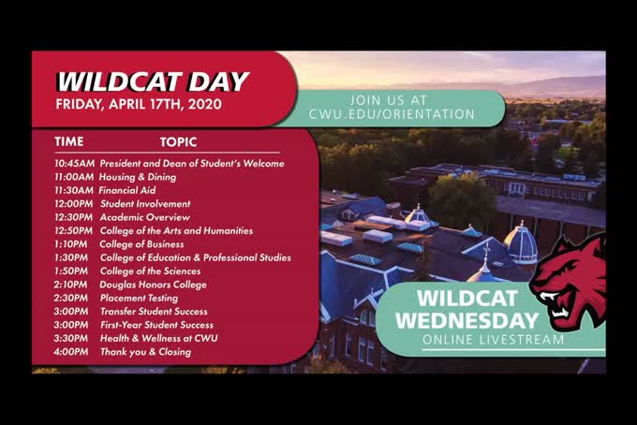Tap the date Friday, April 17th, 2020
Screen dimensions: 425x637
click(138, 104)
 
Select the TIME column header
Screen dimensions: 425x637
click(69, 142)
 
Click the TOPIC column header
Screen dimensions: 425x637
click(178, 142)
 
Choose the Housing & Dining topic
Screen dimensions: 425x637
click(138, 177)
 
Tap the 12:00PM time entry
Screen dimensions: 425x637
click(74, 204)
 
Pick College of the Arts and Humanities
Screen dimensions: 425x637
click(176, 230)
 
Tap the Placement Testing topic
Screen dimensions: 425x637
click(141, 298)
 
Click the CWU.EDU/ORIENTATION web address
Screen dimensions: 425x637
click(392, 114)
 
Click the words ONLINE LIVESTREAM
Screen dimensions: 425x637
click(493, 340)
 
